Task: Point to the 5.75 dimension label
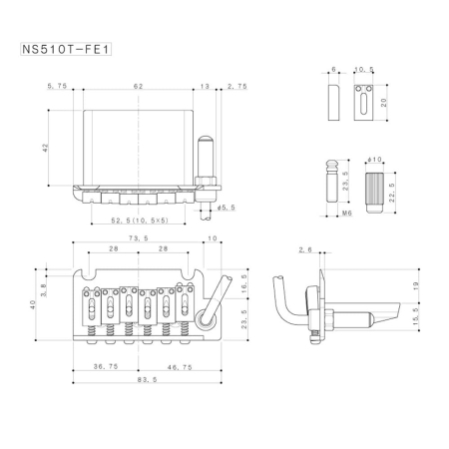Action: click(x=55, y=88)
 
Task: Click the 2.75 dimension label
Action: click(x=237, y=88)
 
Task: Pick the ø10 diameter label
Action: click(x=376, y=161)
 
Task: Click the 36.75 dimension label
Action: click(x=105, y=366)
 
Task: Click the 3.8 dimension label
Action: click(x=43, y=282)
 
